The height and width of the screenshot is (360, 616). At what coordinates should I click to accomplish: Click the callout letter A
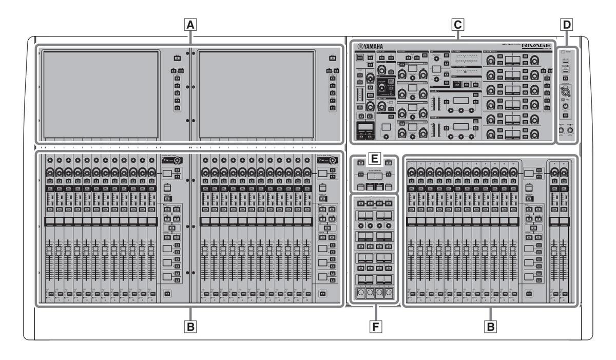point(191,24)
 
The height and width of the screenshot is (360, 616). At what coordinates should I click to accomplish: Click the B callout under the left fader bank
point(191,326)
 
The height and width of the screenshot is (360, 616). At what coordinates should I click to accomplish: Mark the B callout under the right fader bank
point(491,326)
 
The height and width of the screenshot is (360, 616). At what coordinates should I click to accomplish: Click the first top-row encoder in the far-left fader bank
point(49,160)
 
